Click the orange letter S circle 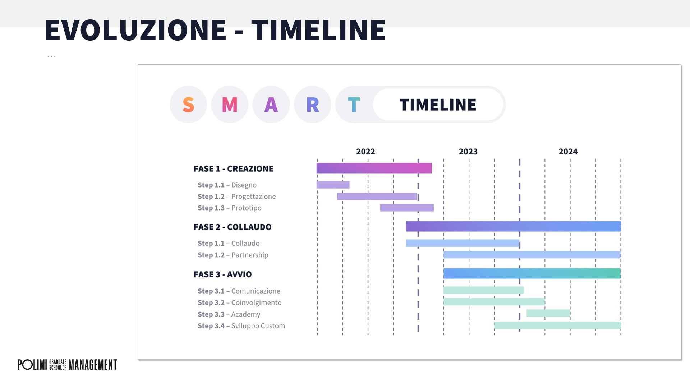(x=188, y=105)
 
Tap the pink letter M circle (x=230, y=105)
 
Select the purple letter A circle (x=271, y=105)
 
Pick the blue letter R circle (x=313, y=105)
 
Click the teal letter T (x=354, y=105)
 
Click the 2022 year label (x=365, y=152)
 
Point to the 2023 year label (x=468, y=152)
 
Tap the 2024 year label (x=568, y=152)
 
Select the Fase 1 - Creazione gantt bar (x=374, y=168)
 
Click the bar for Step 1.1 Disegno (x=333, y=185)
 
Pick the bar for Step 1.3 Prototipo (x=407, y=208)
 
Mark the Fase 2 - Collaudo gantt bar (x=514, y=226)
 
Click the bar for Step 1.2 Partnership (x=532, y=255)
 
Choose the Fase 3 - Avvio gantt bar (x=532, y=273)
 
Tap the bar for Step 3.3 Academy (x=548, y=313)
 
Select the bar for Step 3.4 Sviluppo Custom (x=557, y=325)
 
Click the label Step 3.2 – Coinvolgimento (x=240, y=302)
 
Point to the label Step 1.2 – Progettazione (x=237, y=197)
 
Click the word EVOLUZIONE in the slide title (x=136, y=30)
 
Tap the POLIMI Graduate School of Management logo (x=68, y=365)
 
